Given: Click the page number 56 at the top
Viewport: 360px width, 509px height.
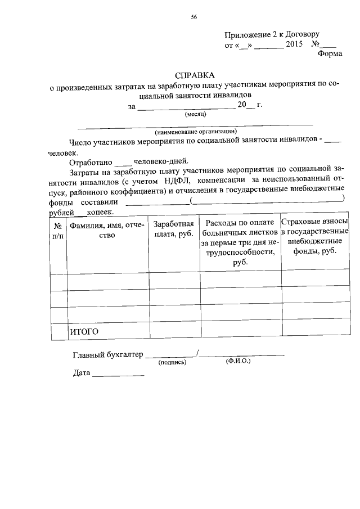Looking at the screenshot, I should [x=193, y=17].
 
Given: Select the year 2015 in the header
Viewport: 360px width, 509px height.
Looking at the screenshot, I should [x=294, y=44].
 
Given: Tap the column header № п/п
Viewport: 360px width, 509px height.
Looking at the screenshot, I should [x=58, y=230].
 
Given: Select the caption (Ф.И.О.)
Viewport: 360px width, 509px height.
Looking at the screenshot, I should [x=238, y=362].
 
